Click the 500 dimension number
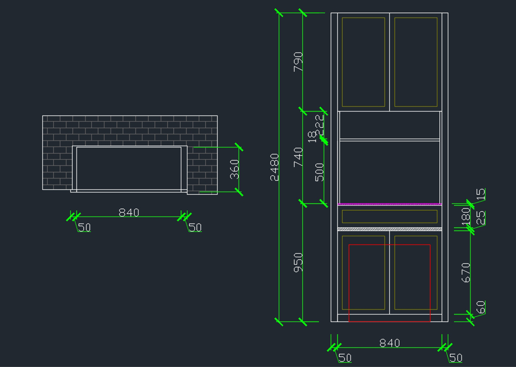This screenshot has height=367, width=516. [x=319, y=172]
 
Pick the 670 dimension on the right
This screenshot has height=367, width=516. [x=466, y=272]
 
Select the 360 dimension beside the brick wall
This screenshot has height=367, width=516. [x=234, y=169]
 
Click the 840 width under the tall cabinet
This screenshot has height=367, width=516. [x=390, y=343]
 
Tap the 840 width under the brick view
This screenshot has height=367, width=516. [x=129, y=212]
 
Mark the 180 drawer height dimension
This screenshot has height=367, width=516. [x=466, y=216]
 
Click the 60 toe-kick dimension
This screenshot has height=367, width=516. [x=481, y=307]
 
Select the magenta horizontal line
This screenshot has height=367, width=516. [x=390, y=204]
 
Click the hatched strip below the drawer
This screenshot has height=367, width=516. [x=390, y=229]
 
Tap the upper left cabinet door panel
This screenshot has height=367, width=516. [x=363, y=62]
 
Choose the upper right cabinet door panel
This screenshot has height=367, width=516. [x=416, y=62]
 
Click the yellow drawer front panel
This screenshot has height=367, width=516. [x=390, y=216]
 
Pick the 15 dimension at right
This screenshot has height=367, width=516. [x=481, y=194]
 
